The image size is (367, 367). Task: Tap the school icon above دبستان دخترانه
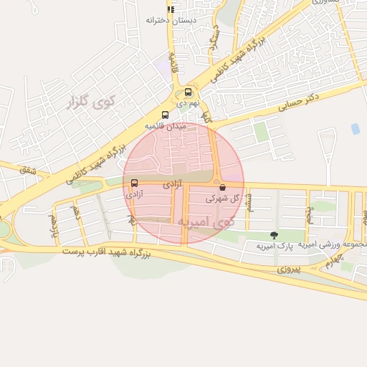[171, 9]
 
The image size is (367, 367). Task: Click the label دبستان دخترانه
[171, 20]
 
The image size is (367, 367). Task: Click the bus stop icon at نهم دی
[188, 92]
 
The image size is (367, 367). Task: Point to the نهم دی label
[186, 103]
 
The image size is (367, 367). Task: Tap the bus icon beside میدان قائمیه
[166, 115]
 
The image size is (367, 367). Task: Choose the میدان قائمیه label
[166, 125]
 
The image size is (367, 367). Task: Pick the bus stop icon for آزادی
[135, 183]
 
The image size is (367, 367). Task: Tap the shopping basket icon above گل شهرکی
[222, 187]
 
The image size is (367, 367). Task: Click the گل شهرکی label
[221, 198]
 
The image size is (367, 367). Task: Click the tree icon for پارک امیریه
[273, 235]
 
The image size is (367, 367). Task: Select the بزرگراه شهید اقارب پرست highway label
[107, 253]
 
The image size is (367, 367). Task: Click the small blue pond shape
[356, 129]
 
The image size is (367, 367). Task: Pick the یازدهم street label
[52, 223]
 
